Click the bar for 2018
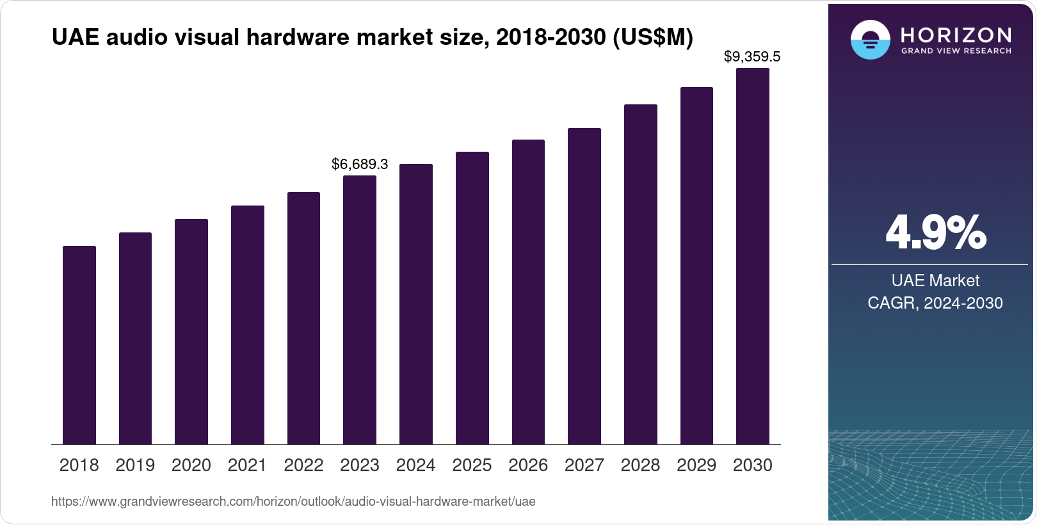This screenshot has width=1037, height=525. [x=79, y=345]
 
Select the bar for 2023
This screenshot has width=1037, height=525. [x=360, y=310]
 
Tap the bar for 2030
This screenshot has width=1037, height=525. [x=753, y=256]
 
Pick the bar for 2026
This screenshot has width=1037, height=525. [x=528, y=292]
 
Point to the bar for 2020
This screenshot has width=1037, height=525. [x=191, y=332]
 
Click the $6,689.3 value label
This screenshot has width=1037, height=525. [x=360, y=165]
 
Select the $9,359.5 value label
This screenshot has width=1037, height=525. [x=752, y=57]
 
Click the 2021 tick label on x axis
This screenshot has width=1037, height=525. [x=247, y=465]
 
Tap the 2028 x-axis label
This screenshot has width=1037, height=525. [x=640, y=465]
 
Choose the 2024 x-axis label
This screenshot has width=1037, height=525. [x=415, y=465]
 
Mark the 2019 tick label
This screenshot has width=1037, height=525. [x=135, y=465]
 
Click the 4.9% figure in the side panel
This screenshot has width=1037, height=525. [x=935, y=234]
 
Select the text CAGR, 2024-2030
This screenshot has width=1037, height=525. [x=935, y=303]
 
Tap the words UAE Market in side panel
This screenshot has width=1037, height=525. [x=935, y=280]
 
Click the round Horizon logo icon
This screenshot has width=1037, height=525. [x=870, y=40]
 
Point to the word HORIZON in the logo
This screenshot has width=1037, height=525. [x=956, y=35]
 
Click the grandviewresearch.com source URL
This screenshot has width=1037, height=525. [x=293, y=502]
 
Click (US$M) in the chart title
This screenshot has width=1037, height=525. [x=653, y=38]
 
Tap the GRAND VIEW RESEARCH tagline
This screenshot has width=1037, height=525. [x=956, y=51]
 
